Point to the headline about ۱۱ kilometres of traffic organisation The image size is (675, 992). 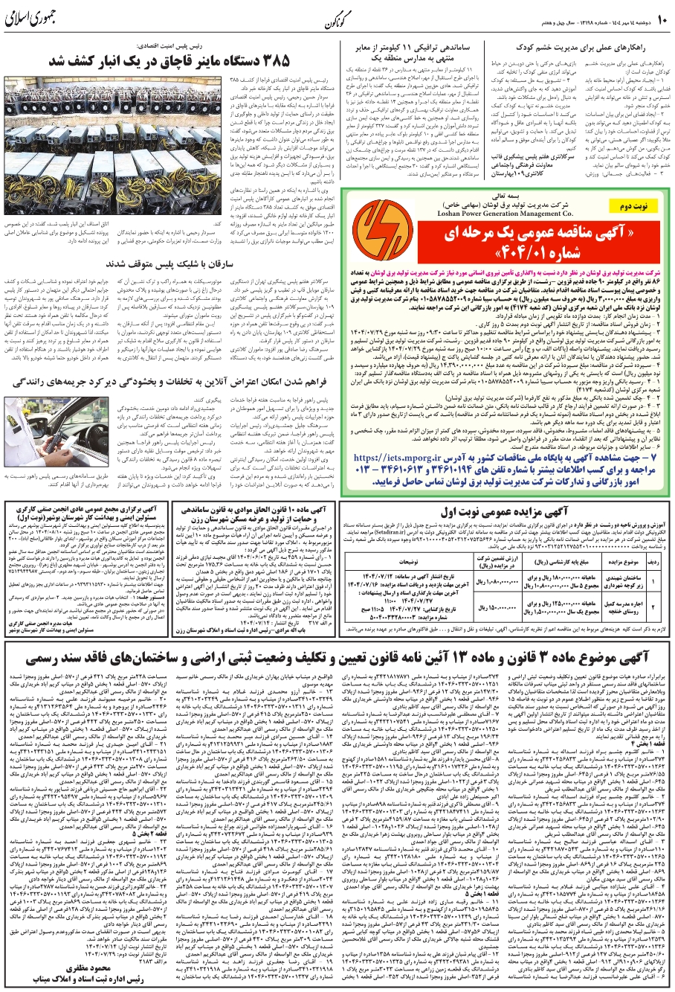point(401,50)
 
